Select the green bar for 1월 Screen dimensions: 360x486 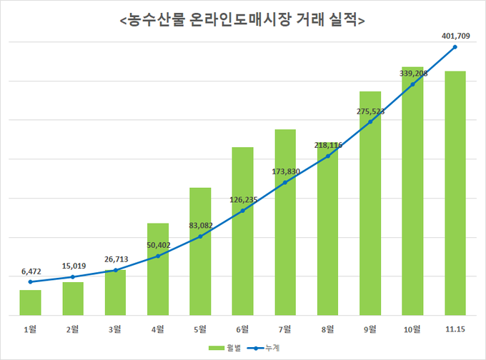click(x=30, y=302)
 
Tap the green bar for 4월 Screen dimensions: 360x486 click(x=158, y=269)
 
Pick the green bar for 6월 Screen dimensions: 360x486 click(x=242, y=231)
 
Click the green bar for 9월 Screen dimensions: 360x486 click(x=370, y=203)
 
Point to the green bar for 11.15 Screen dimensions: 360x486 click(x=455, y=193)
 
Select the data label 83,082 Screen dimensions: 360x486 click(x=200, y=225)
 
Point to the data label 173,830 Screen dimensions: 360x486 click(x=285, y=171)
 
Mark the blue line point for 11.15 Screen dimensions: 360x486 click(x=455, y=47)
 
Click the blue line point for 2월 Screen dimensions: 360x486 click(x=73, y=276)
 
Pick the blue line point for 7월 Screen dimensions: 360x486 click(x=285, y=183)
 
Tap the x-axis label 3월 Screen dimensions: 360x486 click(x=115, y=329)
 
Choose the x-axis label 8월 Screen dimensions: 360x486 click(x=327, y=329)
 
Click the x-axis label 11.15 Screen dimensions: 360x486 click(x=455, y=329)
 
